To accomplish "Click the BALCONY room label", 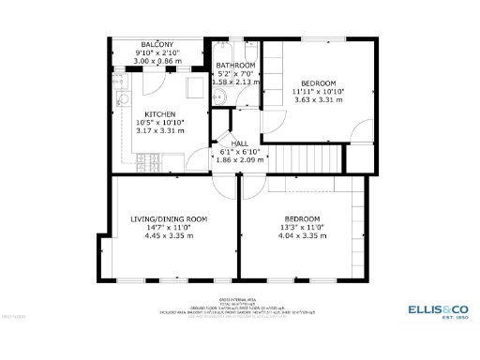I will click(157, 45).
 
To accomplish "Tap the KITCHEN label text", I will click(159, 114).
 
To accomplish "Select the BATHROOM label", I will click(235, 66).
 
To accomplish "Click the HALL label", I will click(226, 142).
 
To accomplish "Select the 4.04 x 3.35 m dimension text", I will click(303, 235).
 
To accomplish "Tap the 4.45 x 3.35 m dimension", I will click(169, 235).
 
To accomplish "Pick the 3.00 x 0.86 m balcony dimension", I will click(157, 61).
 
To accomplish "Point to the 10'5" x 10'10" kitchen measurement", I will click(159, 123).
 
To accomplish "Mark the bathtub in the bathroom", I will click(235, 50).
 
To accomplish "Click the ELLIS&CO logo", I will click(437, 308).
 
